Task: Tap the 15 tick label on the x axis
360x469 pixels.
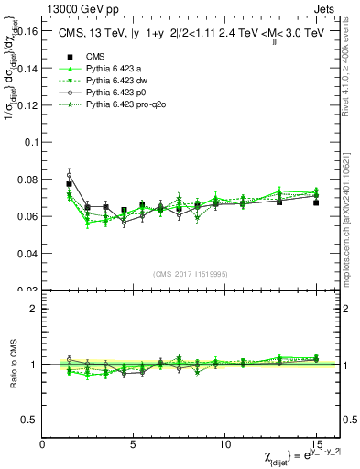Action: click(315, 442)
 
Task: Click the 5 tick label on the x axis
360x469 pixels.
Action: click(134, 442)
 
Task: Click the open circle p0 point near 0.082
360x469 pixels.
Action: click(69, 175)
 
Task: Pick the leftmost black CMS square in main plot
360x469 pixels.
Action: click(69, 184)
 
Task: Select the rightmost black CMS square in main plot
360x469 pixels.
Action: click(316, 202)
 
